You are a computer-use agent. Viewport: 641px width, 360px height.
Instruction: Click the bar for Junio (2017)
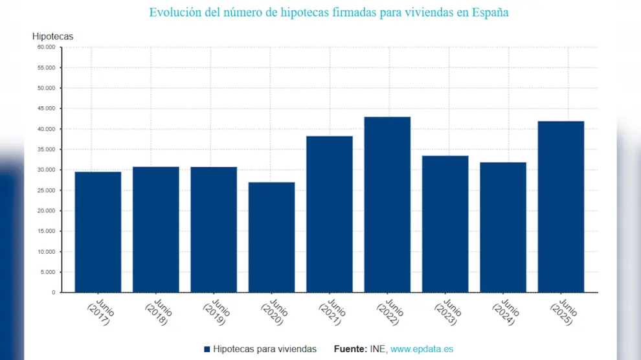pos(98,232)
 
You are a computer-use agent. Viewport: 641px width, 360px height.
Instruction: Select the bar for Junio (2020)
pos(271,237)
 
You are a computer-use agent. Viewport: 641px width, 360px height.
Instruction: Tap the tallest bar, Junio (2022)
pos(387,205)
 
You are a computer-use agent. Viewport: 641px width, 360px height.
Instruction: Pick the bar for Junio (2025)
pos(561,207)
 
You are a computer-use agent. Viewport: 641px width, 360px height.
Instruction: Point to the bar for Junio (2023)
pos(445,224)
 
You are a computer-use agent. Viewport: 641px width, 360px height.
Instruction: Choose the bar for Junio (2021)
pos(330,214)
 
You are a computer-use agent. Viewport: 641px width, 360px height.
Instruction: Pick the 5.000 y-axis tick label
pos(48,272)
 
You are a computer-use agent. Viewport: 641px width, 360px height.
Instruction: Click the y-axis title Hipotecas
pos(52,36)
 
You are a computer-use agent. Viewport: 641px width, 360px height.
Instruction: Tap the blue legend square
pos(207,350)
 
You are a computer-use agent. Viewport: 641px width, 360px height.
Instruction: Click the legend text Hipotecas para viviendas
pos(264,350)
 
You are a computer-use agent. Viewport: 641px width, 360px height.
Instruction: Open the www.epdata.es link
pos(422,350)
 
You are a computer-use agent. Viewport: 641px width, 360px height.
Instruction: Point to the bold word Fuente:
pos(350,350)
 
